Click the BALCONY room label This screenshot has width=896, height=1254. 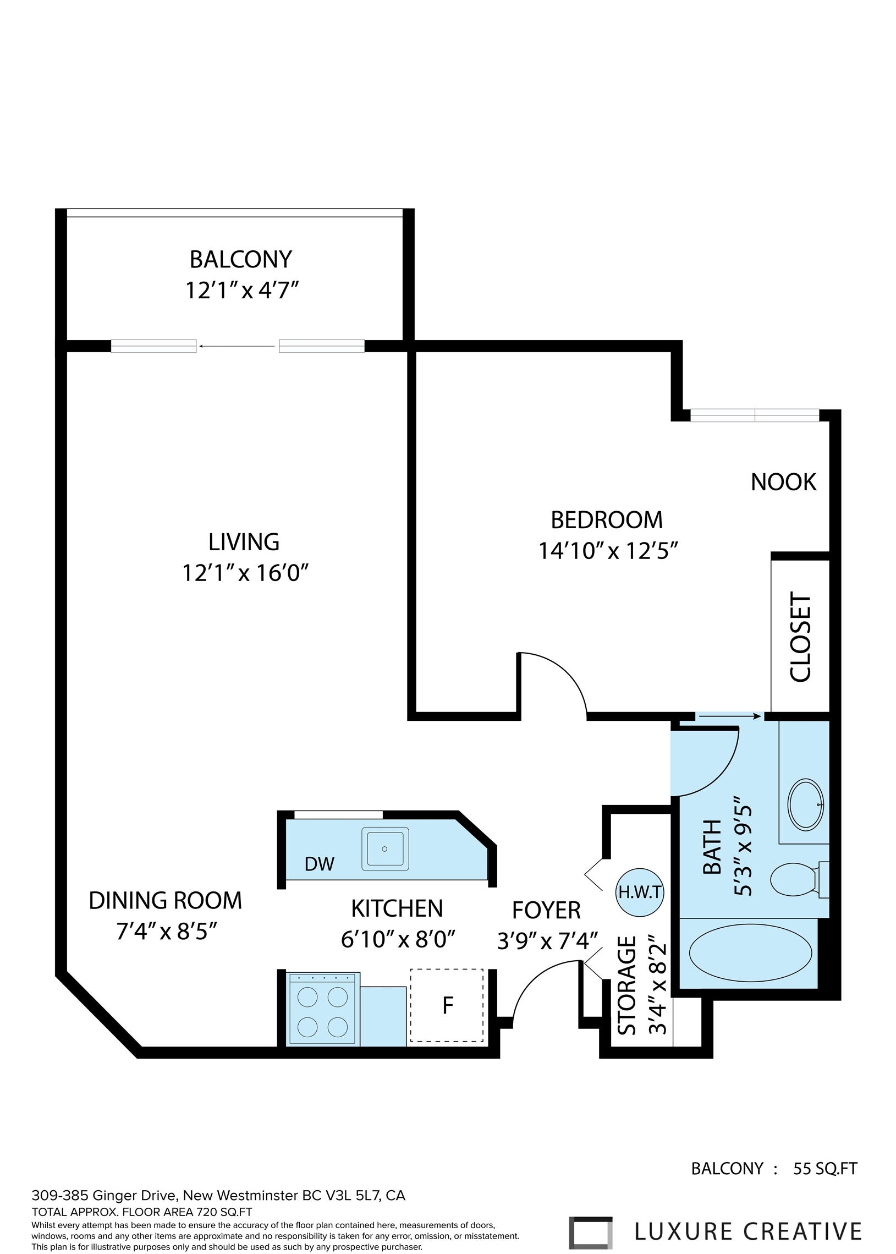(240, 259)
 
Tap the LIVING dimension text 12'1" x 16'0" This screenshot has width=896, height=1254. (245, 573)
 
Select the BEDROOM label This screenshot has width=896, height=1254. (607, 520)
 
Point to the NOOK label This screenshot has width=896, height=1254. (783, 483)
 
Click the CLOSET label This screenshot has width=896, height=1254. (800, 637)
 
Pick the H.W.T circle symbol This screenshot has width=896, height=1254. (640, 892)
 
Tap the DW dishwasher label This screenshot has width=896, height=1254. (320, 864)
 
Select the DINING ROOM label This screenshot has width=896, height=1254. (166, 901)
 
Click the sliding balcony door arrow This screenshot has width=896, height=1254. (237, 347)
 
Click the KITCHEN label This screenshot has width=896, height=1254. (397, 909)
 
